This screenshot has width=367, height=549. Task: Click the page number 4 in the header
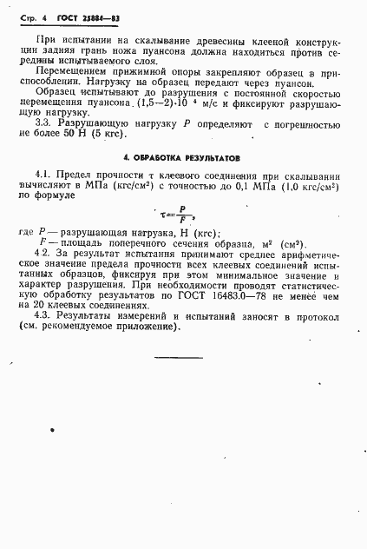click(41, 18)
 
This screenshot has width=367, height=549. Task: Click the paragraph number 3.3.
click(49, 124)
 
